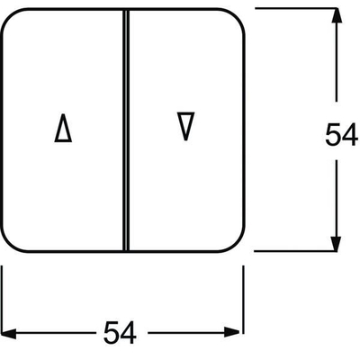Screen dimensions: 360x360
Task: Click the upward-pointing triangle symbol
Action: click(x=63, y=128)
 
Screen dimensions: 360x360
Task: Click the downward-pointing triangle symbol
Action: click(x=185, y=126)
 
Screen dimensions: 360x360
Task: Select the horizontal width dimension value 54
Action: click(x=120, y=332)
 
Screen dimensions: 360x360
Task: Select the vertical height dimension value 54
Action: click(x=341, y=135)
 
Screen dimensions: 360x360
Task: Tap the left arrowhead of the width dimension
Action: click(x=8, y=333)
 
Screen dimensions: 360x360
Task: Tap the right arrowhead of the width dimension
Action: click(x=232, y=333)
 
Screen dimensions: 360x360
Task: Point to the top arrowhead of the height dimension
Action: click(x=336, y=15)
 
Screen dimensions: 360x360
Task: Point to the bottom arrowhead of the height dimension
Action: click(x=336, y=243)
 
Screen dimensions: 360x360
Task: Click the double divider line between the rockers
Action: click(x=126, y=130)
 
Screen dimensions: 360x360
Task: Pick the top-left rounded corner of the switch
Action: click(x=10, y=17)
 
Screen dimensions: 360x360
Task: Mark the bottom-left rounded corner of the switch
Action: click(x=10, y=243)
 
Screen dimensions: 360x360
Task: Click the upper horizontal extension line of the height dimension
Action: click(x=297, y=8)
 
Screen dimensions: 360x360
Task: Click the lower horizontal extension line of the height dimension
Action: click(x=296, y=251)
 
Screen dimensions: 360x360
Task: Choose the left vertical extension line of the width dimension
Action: click(x=2, y=300)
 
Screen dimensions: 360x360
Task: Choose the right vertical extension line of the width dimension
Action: click(x=243, y=300)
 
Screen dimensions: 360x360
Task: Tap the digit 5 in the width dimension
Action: click(x=112, y=332)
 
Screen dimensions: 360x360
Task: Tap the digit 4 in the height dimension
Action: click(x=350, y=135)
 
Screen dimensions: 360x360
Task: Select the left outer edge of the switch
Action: click(x=2, y=130)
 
